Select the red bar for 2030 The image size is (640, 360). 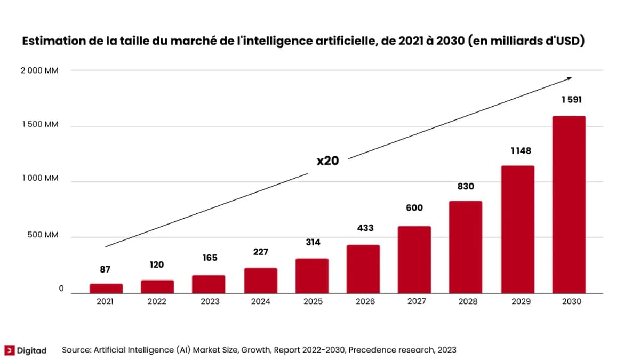tap(569, 204)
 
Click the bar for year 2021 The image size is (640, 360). tap(106, 289)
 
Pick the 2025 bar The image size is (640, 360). tap(313, 276)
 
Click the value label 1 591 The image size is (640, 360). tap(571, 100)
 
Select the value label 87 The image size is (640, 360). tap(105, 270)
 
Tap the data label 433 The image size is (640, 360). tap(365, 228)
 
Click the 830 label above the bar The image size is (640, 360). tap(465, 187)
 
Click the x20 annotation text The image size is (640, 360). tap(327, 161)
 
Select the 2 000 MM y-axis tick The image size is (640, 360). tap(39, 71)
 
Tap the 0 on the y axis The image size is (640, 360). tap(61, 289)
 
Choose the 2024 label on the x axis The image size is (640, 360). tap(261, 302)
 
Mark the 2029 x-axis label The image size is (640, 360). tap(521, 302)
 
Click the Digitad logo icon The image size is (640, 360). tap(9, 350)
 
